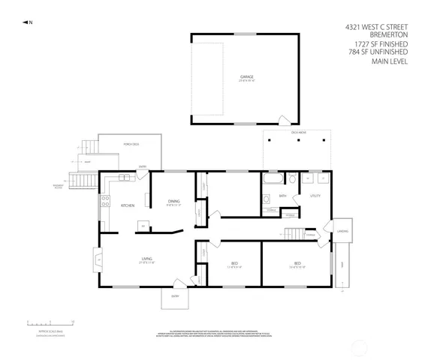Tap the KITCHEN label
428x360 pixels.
[128, 205]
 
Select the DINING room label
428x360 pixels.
[173, 201]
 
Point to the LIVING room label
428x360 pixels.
[146, 260]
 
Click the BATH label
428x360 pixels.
[282, 196]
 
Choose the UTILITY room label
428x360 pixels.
[315, 196]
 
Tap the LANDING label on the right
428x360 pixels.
[342, 231]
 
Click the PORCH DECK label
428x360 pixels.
[130, 144]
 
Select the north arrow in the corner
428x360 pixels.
[27, 22]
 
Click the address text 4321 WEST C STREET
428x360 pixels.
[376, 26]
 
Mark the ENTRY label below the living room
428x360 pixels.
[174, 296]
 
